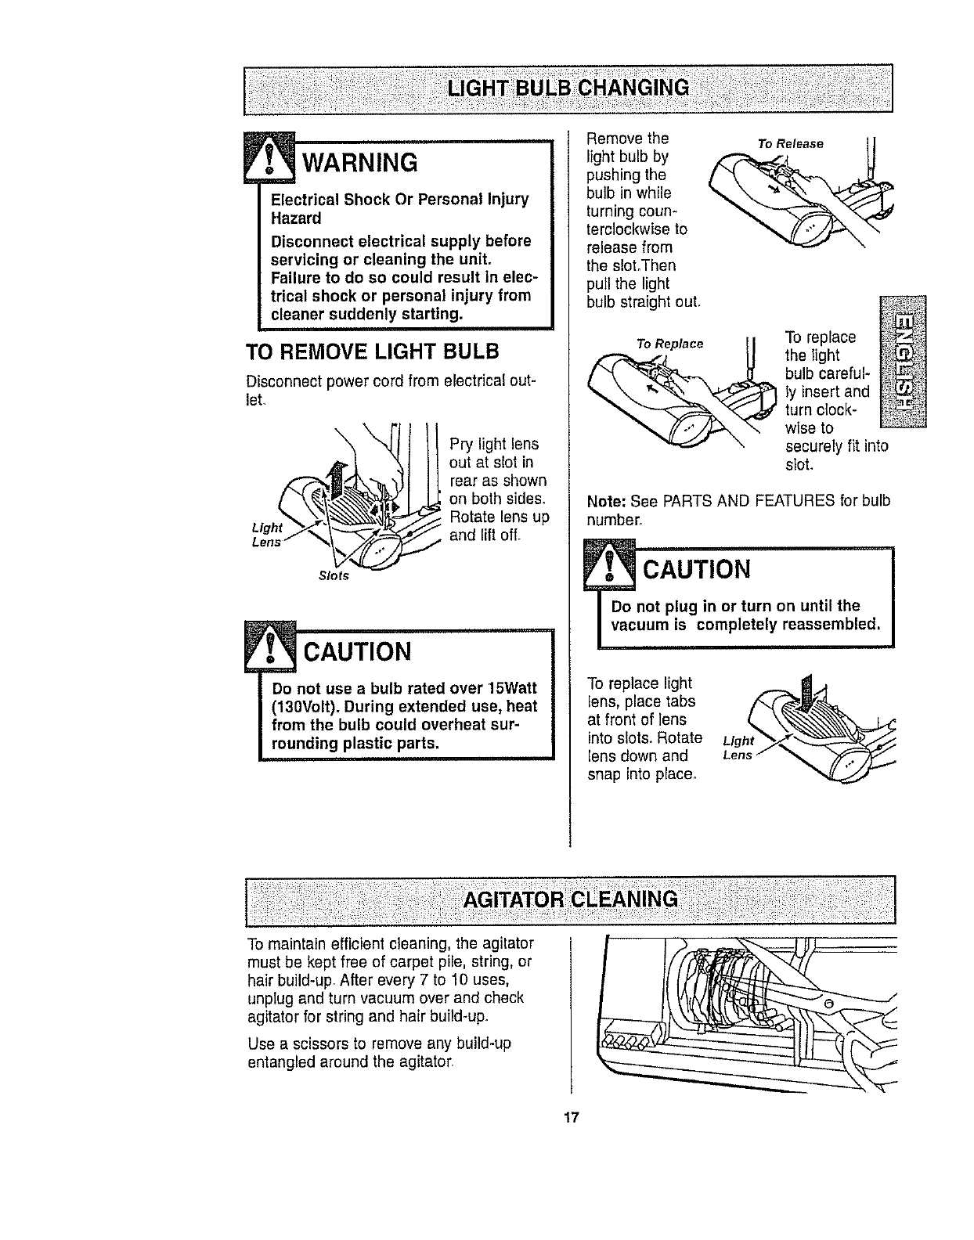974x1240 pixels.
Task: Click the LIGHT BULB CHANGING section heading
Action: [568, 86]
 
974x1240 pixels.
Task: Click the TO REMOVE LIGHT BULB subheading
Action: [372, 350]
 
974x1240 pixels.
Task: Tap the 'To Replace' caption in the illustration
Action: [669, 344]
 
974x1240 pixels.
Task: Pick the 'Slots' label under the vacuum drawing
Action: [334, 577]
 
